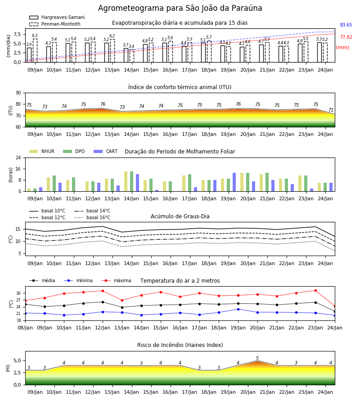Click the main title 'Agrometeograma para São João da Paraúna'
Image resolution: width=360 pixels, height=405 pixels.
click(180, 8)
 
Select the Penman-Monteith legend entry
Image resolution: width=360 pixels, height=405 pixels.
click(55, 24)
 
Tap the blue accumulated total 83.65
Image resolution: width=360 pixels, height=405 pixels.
click(346, 25)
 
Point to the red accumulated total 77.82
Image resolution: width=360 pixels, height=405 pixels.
click(346, 37)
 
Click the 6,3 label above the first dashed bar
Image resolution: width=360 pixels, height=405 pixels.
click(35, 36)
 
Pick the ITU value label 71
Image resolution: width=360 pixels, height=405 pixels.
click(331, 110)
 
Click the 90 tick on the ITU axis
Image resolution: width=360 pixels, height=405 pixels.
click(18, 93)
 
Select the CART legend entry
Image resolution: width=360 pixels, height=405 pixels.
click(106, 151)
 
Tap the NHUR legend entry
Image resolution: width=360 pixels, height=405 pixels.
click(42, 151)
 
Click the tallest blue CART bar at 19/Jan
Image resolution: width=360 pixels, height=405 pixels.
click(234, 182)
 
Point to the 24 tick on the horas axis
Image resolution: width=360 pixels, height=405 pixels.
click(18, 157)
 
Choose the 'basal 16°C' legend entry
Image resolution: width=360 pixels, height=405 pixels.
click(92, 217)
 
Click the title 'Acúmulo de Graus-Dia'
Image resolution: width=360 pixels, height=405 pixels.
click(180, 216)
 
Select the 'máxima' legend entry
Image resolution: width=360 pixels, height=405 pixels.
click(116, 280)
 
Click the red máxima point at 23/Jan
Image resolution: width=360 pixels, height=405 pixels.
click(315, 291)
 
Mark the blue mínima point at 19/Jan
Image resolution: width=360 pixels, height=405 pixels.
click(238, 309)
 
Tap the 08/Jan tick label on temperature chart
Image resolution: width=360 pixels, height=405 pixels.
click(25, 328)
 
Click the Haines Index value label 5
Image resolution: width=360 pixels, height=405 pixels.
click(257, 358)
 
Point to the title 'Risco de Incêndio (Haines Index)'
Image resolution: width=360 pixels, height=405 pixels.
click(180, 345)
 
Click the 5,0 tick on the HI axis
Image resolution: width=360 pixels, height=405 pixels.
click(18, 361)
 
